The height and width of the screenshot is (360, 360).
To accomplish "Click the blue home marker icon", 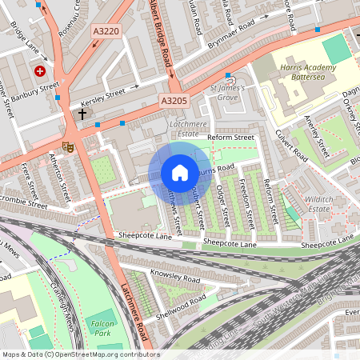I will tap(179, 173).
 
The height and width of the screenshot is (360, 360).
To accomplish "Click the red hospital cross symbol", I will tap(39, 71).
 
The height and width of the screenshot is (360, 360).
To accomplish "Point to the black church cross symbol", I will tap(82, 114).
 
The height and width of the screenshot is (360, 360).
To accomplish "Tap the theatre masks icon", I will tap(68, 146).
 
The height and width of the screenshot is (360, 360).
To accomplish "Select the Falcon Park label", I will tap(99, 323).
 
